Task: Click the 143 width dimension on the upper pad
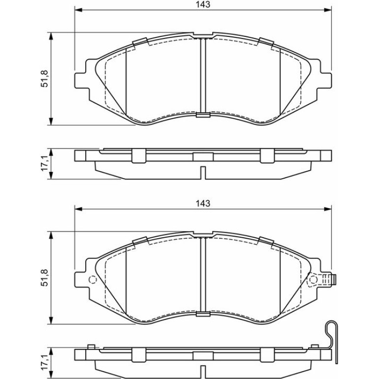click(x=203, y=4)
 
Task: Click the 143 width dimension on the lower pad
click(x=203, y=203)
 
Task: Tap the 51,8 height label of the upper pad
click(x=44, y=78)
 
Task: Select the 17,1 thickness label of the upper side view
click(x=44, y=163)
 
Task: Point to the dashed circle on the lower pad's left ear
click(x=93, y=280)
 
